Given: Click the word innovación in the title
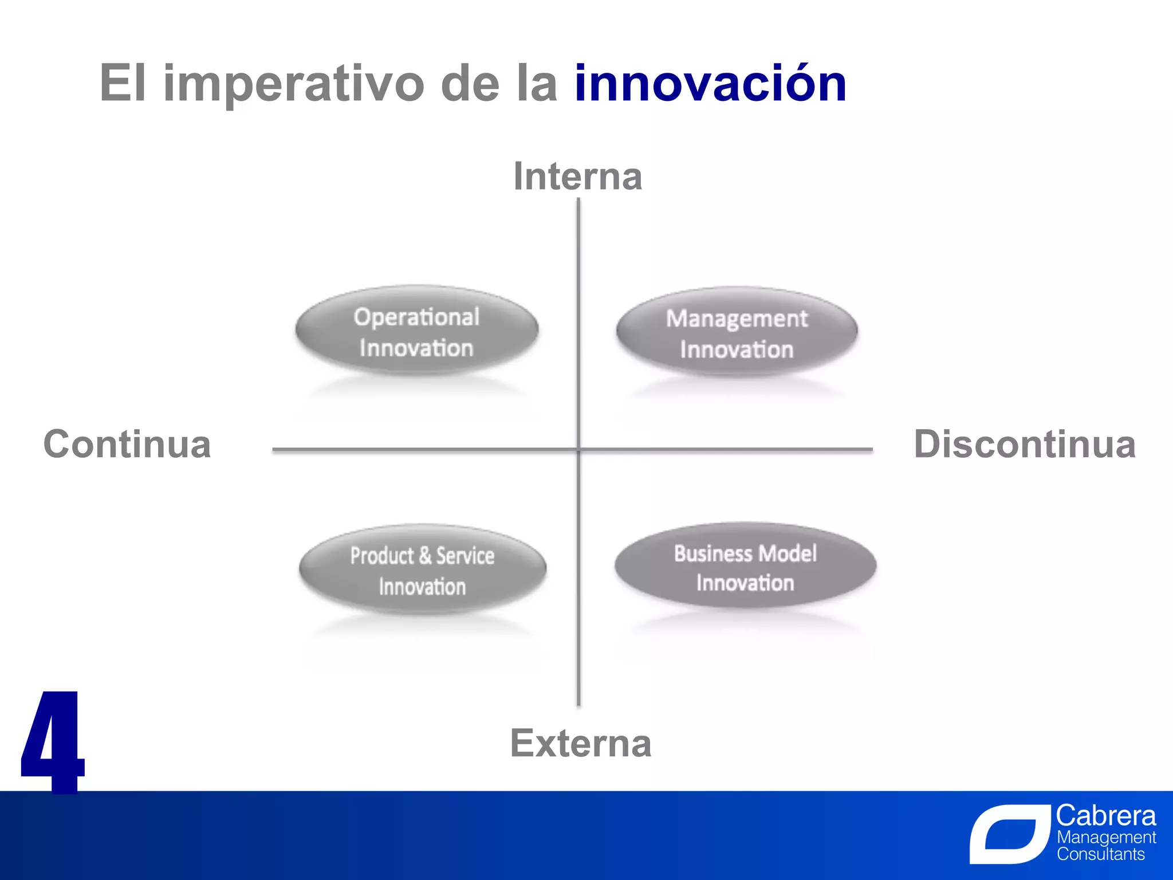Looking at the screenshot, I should click(x=710, y=84).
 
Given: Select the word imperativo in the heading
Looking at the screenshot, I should click(x=293, y=84).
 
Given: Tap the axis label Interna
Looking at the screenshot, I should click(x=577, y=176).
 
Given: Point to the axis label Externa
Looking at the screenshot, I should click(x=580, y=743).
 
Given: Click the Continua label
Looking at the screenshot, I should click(x=127, y=444).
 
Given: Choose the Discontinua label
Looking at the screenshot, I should click(x=1025, y=444).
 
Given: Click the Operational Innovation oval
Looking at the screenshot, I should click(x=416, y=332).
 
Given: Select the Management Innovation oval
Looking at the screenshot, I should click(x=737, y=333).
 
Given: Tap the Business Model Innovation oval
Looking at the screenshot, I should click(x=745, y=567).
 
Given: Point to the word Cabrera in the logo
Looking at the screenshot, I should click(x=1105, y=815).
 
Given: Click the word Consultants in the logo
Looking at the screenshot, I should click(x=1100, y=854).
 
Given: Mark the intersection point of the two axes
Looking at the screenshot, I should click(x=578, y=450).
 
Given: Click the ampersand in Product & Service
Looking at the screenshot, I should click(x=424, y=555).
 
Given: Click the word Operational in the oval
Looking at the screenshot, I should click(x=416, y=317).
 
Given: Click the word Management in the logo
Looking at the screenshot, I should click(x=1106, y=837).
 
